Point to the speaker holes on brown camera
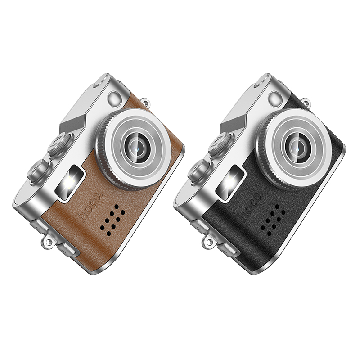click(x=112, y=220)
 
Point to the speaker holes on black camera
click(x=273, y=220)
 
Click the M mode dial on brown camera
click(x=59, y=144)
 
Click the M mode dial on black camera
click(x=220, y=144)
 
